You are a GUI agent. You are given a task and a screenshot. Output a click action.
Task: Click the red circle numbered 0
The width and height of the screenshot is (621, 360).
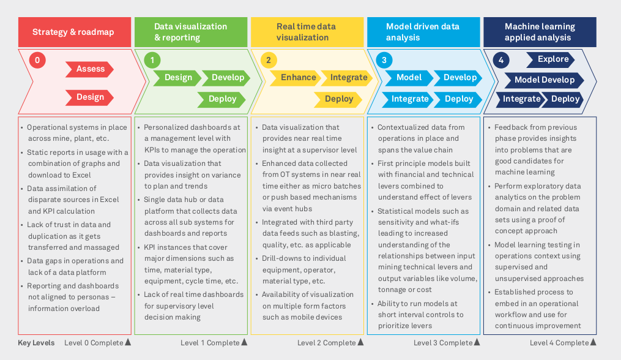37,60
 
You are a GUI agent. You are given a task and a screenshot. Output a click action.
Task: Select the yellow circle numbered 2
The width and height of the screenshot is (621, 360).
268,60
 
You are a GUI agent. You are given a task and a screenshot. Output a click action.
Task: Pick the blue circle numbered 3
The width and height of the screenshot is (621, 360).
384,60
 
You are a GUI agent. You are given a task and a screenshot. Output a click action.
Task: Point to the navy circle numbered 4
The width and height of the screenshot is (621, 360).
501,60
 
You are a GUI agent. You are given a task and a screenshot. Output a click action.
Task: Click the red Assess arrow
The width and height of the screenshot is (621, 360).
90,69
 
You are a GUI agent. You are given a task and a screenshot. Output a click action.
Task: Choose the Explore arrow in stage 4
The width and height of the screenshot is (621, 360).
552,59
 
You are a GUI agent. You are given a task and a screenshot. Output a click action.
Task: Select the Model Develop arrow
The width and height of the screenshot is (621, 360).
544,80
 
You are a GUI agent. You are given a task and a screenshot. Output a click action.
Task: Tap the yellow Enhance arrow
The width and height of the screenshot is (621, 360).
297,78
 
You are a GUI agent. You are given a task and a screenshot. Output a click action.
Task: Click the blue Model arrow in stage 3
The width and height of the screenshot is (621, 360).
408,78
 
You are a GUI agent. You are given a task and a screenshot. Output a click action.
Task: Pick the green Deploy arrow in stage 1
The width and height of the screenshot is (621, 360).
221,99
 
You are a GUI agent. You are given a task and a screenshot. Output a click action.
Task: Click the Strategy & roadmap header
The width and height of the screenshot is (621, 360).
74,32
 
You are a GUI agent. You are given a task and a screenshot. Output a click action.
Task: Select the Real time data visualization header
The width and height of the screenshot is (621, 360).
307,32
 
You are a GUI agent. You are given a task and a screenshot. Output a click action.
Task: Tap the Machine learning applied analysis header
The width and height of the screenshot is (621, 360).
540,32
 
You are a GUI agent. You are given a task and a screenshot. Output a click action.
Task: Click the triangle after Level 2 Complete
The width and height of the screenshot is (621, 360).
360,343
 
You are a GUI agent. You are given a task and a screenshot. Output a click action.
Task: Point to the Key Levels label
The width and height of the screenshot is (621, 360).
36,343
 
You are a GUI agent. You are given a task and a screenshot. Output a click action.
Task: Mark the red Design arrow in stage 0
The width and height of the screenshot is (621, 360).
90,97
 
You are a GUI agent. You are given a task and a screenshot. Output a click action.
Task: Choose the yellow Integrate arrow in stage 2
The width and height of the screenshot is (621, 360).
348,78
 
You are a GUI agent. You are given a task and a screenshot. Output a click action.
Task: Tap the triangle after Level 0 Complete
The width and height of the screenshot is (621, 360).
128,343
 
